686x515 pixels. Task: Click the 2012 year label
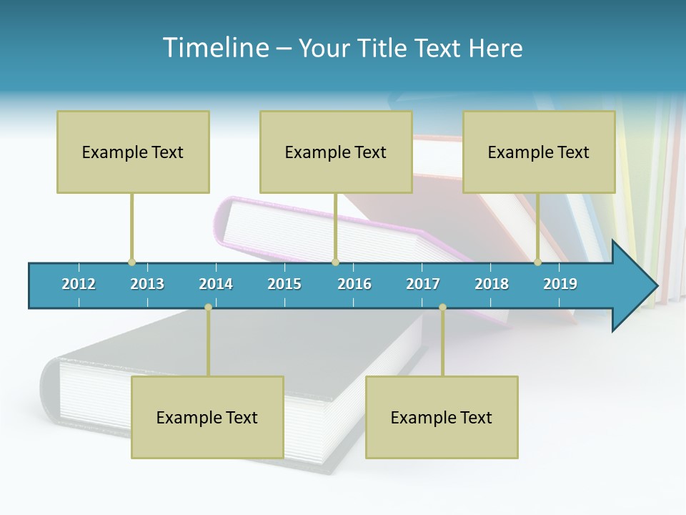(x=79, y=284)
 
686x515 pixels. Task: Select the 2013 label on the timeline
(x=147, y=284)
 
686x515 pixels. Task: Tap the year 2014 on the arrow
(x=216, y=284)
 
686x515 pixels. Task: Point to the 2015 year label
(x=284, y=284)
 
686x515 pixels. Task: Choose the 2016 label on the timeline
(x=354, y=284)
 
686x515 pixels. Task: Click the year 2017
(x=423, y=284)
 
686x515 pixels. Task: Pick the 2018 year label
(x=492, y=284)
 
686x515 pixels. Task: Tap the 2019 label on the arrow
(x=560, y=284)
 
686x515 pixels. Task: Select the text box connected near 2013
(x=133, y=152)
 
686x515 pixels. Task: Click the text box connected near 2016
(x=336, y=152)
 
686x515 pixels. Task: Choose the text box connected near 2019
(x=539, y=152)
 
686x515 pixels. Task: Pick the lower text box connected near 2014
(x=207, y=417)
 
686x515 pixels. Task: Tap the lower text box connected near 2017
(x=442, y=417)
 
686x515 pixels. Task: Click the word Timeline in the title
(x=214, y=48)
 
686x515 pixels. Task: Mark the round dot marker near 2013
(x=131, y=262)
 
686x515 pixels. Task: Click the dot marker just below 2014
(x=208, y=307)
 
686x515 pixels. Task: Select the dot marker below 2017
(x=442, y=307)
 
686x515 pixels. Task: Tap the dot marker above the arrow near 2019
(x=537, y=262)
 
